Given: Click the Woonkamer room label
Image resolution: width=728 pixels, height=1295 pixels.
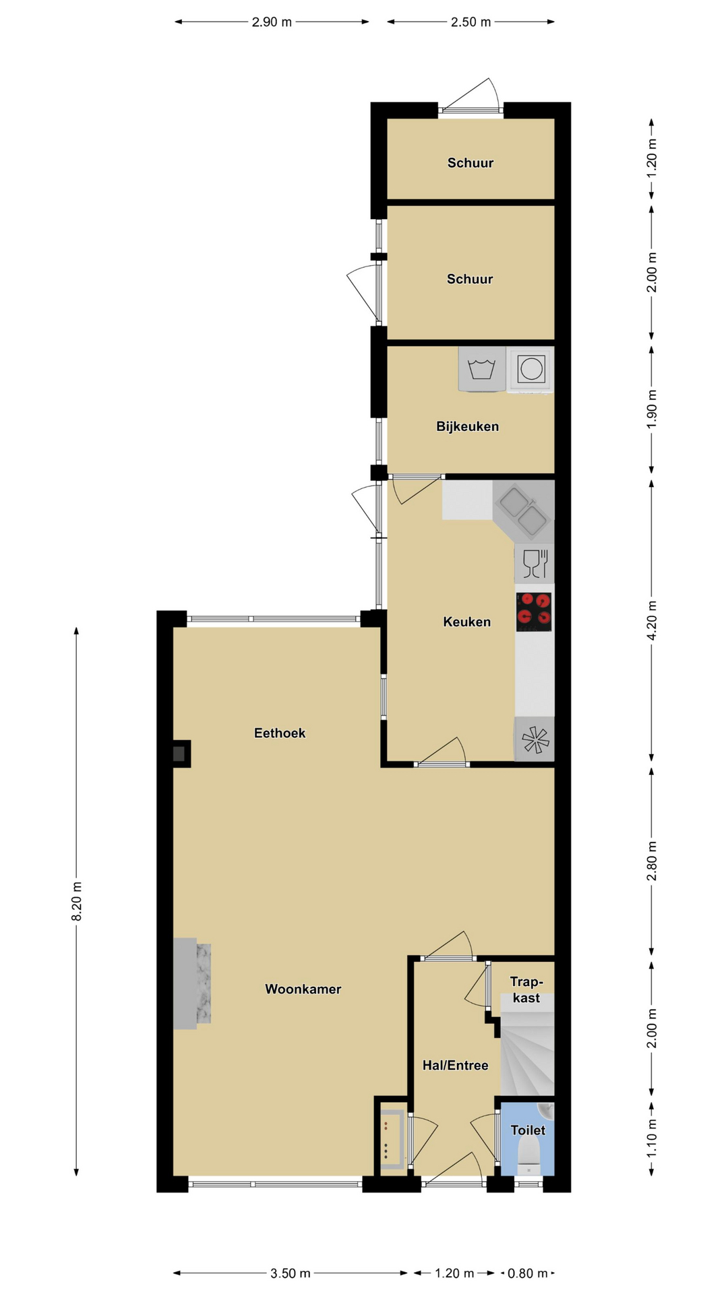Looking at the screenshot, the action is click(303, 989).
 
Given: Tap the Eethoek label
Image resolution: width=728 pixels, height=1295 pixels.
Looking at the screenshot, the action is click(280, 733).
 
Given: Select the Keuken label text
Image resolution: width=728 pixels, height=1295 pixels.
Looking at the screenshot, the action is click(466, 622).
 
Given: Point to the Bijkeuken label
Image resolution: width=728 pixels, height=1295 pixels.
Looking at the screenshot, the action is click(467, 426).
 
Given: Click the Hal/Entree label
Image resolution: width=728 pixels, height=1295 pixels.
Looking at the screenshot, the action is click(455, 1066).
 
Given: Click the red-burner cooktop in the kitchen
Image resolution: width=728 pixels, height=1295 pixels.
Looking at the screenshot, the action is click(534, 612).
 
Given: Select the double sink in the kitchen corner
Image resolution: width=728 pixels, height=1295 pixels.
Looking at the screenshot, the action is click(523, 510).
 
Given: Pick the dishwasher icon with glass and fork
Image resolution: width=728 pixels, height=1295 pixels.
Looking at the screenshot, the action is click(535, 563).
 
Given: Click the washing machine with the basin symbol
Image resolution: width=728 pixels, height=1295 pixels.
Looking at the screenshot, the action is click(482, 368).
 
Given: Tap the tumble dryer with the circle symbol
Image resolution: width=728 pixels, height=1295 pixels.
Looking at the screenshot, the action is click(530, 369).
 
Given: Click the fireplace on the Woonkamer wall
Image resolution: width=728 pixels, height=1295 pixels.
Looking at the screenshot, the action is click(192, 984).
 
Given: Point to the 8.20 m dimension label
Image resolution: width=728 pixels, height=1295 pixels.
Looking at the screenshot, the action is click(77, 901).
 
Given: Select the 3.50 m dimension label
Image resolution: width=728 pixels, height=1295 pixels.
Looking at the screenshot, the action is click(291, 1273).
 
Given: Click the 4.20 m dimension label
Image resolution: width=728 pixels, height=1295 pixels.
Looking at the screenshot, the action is click(651, 620).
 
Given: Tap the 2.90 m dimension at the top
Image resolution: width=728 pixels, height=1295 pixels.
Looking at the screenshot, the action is click(272, 22).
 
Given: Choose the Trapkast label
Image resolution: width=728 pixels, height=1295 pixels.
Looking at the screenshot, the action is click(526, 989).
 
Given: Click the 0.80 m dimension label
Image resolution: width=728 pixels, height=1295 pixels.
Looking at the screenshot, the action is click(528, 1273).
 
